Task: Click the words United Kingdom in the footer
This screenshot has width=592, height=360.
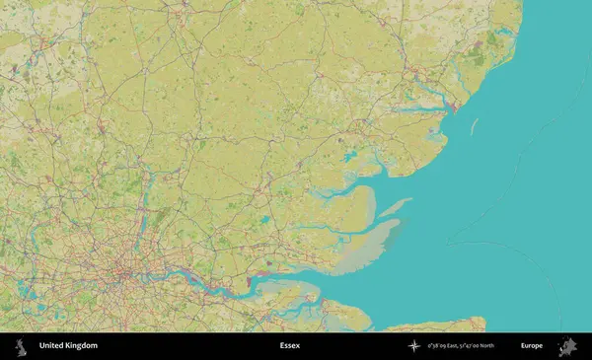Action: [x=68, y=346]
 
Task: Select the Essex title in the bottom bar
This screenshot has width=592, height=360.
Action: [x=290, y=346]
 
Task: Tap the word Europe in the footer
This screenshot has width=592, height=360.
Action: [x=531, y=346]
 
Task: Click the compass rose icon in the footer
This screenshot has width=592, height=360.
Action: [x=413, y=346]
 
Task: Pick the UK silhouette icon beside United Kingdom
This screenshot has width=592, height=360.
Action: [x=20, y=346]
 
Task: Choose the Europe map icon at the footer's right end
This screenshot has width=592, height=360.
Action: [x=567, y=346]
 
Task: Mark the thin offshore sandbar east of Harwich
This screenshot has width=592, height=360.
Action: [x=474, y=126]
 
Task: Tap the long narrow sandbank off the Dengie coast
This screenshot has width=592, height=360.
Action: [x=397, y=206]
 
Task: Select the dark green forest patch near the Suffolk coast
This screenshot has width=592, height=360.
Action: [x=480, y=59]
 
